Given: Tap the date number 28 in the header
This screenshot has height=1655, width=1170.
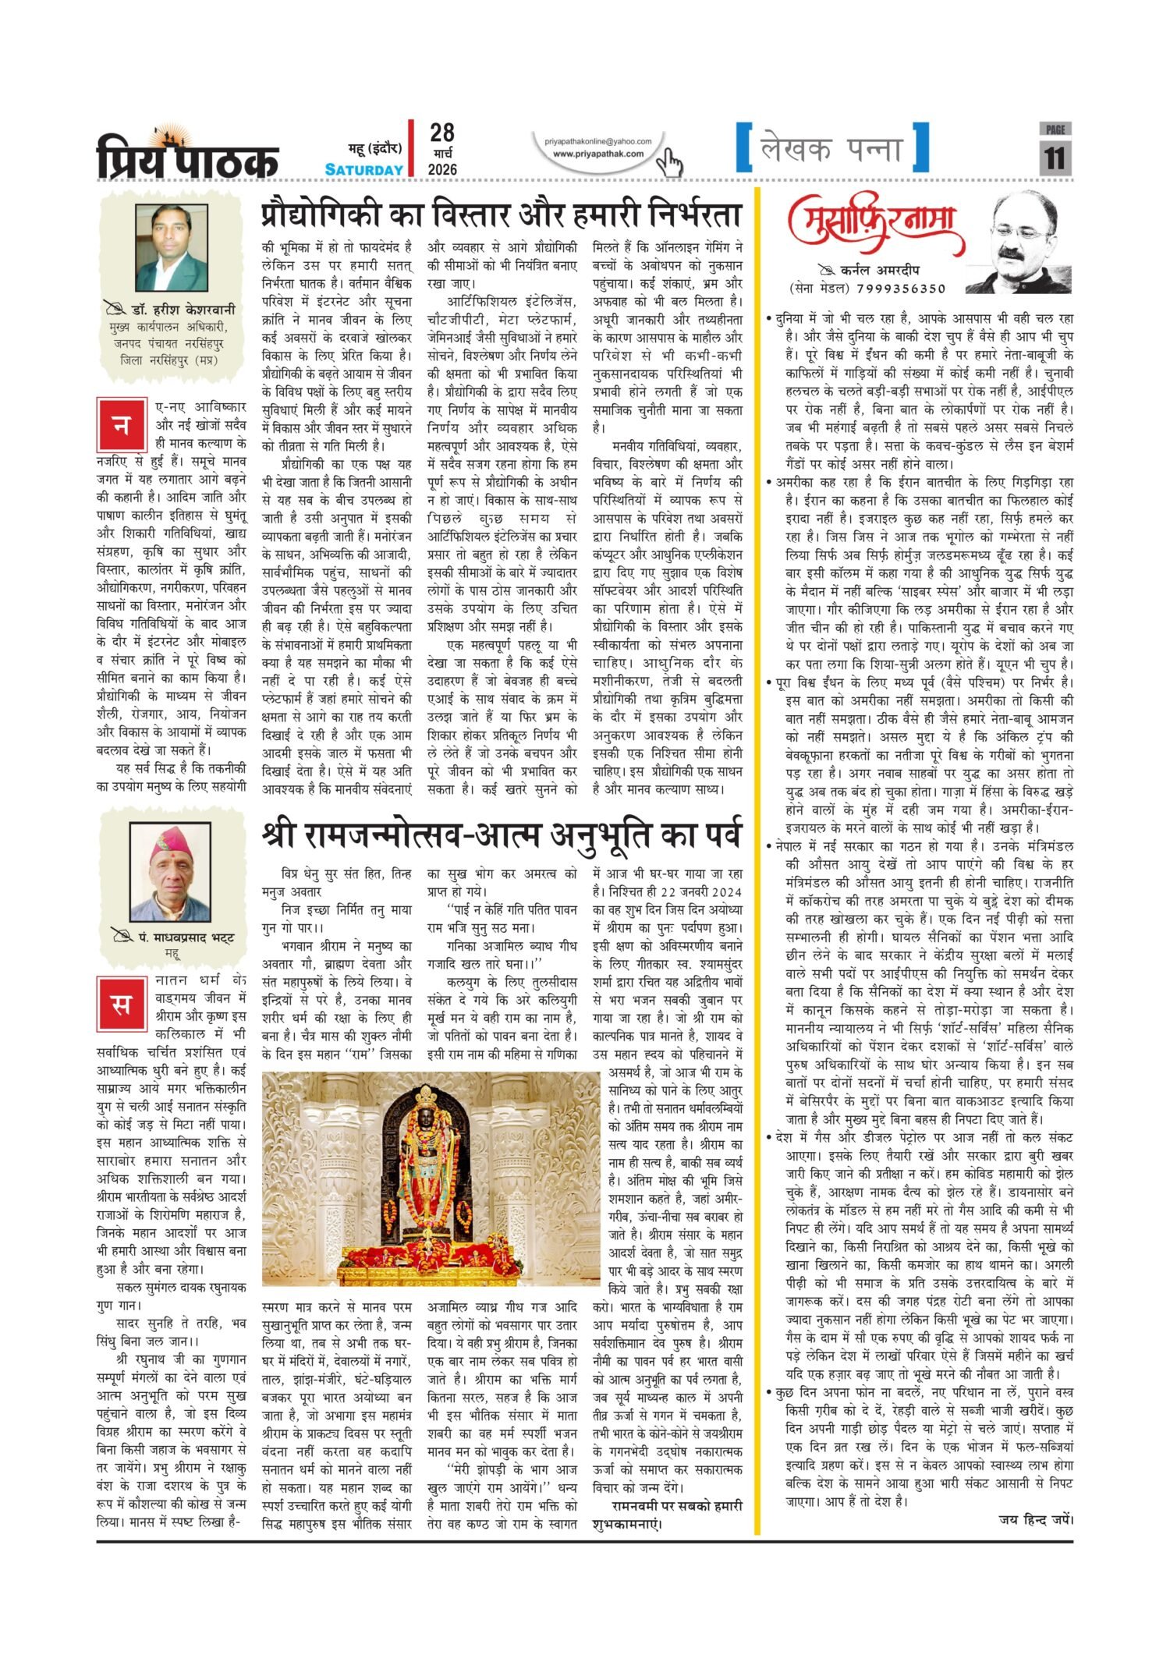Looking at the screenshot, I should tap(441, 133).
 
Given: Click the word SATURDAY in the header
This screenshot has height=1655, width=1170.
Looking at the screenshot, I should tap(364, 169).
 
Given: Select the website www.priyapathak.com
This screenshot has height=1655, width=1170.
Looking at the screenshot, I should tap(598, 154).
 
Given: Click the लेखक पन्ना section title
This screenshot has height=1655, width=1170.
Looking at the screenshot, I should tap(831, 149).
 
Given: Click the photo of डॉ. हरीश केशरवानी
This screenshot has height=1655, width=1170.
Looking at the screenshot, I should tap(172, 247).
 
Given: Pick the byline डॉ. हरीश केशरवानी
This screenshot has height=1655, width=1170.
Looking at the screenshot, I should tap(183, 310).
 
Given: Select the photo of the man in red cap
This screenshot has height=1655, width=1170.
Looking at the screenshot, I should tap(170, 872).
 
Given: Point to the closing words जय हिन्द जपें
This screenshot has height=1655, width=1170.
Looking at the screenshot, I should tap(1035, 1519).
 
